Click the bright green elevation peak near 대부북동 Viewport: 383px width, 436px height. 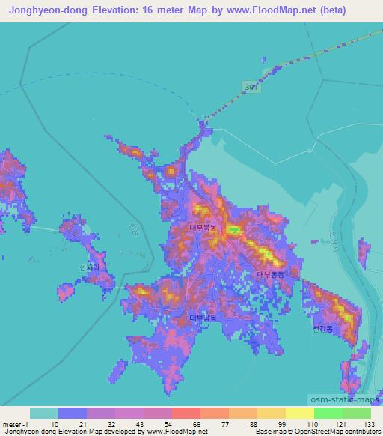[x=233, y=230]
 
